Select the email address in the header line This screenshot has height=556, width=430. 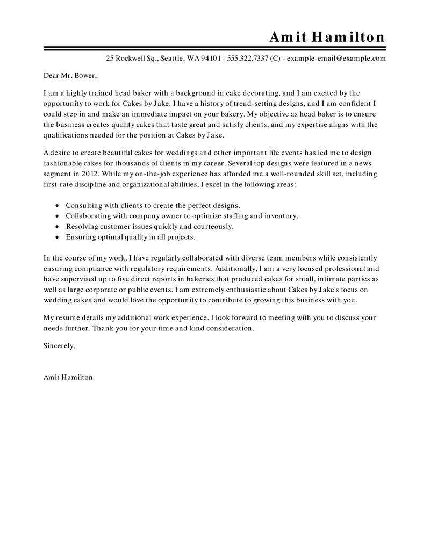[336, 58]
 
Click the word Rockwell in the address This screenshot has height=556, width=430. [131, 58]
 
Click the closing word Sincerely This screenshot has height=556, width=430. [59, 346]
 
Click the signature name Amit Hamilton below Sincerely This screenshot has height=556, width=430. [68, 377]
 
